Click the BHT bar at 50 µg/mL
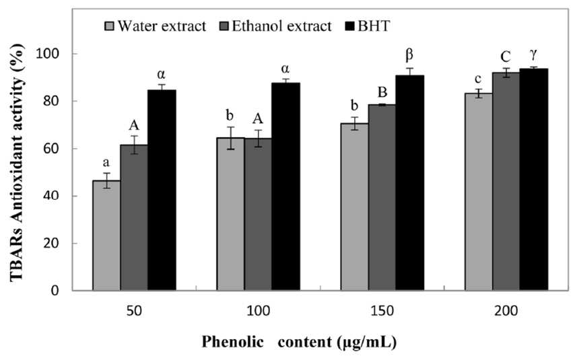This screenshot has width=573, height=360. [x=162, y=190]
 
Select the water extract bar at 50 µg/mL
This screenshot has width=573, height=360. [x=106, y=236]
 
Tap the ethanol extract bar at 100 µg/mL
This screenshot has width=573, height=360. [x=259, y=215]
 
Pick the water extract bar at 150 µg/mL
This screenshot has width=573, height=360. [x=354, y=207]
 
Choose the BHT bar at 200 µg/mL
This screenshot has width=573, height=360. [x=534, y=180]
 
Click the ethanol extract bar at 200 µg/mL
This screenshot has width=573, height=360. [x=506, y=182]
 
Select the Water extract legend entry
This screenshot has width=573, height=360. [x=156, y=26]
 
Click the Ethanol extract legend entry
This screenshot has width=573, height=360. [x=275, y=26]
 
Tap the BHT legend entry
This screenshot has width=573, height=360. [x=367, y=26]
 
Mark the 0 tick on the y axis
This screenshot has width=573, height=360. [x=55, y=291]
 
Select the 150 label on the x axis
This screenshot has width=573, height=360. [x=382, y=311]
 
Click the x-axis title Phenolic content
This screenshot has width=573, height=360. [x=299, y=342]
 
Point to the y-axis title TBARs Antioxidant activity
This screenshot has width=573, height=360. [x=17, y=161]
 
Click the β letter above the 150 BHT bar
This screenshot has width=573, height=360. [x=409, y=55]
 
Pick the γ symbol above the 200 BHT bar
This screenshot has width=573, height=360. [x=534, y=55]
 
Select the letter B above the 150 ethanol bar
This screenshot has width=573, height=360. [x=382, y=92]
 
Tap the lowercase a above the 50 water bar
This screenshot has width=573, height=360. [x=106, y=163]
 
